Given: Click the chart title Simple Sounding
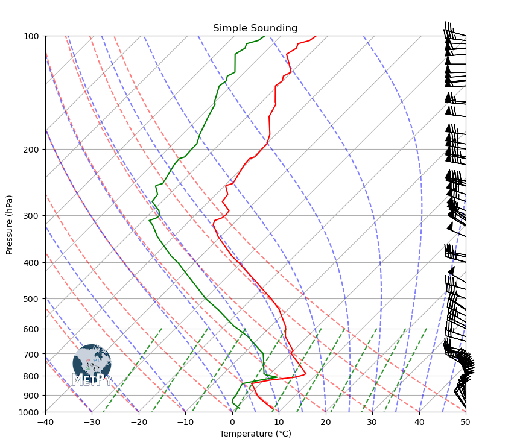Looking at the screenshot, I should pos(255,28).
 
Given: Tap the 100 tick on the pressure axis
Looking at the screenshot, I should pos(32,36).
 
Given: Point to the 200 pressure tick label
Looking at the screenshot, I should pos(32,150).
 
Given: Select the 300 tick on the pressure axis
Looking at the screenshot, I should pos(32,216).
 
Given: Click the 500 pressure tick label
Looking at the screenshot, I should pos(32,299).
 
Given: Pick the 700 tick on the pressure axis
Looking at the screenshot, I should pos(32,354).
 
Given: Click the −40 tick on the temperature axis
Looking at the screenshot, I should pos(45,421).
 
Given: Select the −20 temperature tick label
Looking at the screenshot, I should pos(139,421).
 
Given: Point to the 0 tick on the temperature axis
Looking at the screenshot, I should pos(232,421).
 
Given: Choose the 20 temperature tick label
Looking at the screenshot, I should pos(326,421).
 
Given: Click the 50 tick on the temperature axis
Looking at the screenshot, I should pos(466,421).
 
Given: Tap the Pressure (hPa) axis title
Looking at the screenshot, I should pos(10,224).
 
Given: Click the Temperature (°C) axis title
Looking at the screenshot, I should pos(255,434).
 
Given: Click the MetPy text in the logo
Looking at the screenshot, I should pos(92,380).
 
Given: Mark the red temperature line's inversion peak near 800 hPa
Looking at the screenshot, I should pos(306,374).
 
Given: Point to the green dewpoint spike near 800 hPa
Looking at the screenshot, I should pos(277,377).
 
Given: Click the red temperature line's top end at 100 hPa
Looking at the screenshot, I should pos(316,36).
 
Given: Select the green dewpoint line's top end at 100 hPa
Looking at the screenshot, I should pos(264,36).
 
